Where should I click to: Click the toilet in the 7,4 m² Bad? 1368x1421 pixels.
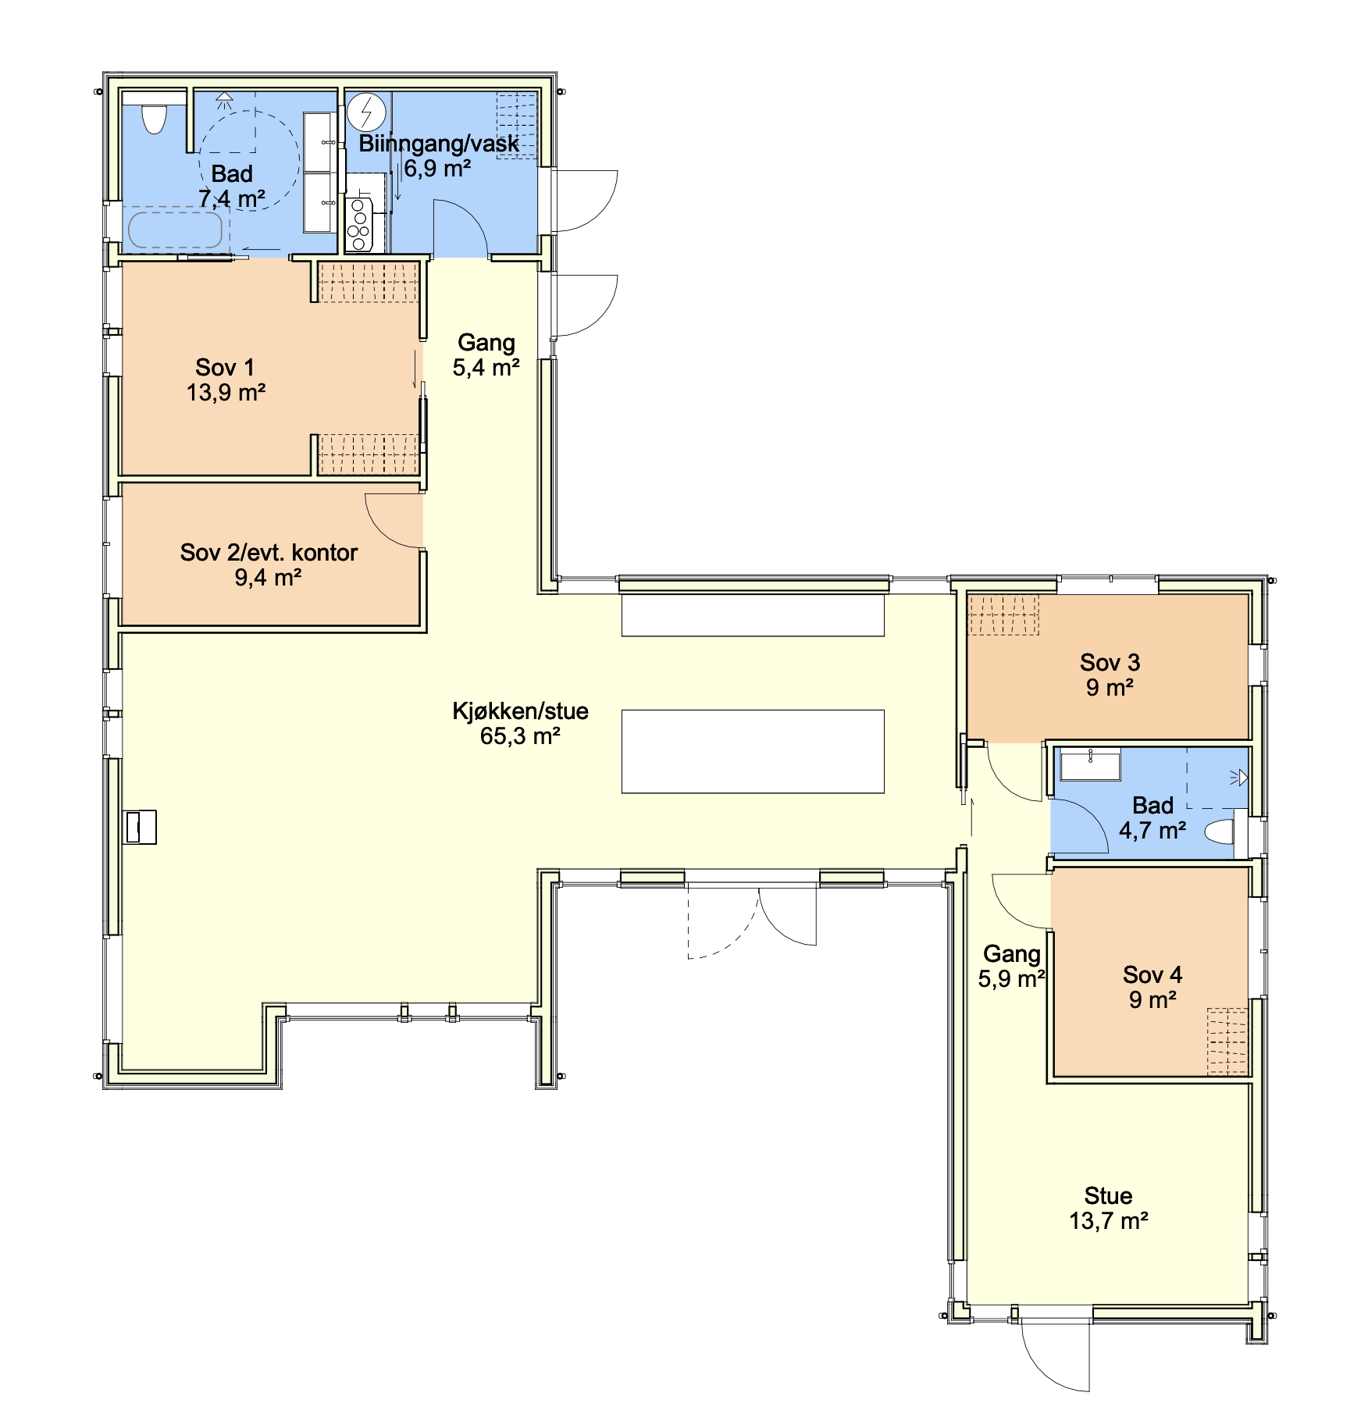[155, 119]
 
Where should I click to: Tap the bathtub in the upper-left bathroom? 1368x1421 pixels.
[175, 229]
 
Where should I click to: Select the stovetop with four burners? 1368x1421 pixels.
[359, 225]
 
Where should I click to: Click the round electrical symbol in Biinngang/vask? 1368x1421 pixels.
[366, 112]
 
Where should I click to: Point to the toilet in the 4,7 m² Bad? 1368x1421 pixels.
[1220, 832]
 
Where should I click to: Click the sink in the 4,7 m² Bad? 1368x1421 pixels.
[1090, 764]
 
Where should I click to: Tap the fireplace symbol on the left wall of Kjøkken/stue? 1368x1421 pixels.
[141, 827]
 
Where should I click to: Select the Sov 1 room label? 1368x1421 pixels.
[226, 379]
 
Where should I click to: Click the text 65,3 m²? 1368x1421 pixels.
[520, 736]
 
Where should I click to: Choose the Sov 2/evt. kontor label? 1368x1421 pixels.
[269, 564]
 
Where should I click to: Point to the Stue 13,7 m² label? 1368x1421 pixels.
[1109, 1208]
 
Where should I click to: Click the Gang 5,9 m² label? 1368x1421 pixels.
[1011, 966]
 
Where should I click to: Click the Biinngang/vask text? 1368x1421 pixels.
[439, 144]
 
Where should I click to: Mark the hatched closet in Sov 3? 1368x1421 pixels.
[1003, 614]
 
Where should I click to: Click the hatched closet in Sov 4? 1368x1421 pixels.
[1227, 1042]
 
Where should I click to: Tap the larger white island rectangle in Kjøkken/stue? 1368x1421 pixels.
[753, 751]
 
